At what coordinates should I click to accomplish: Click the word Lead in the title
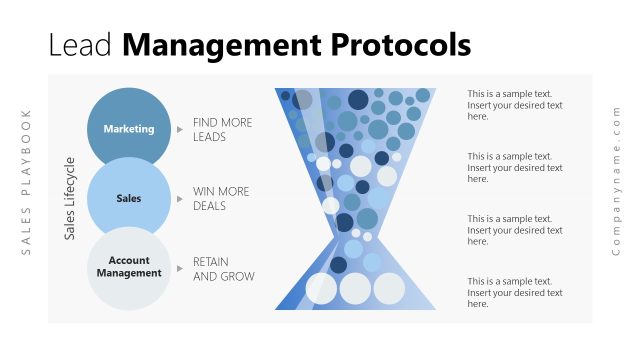82,45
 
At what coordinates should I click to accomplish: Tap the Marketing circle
128,128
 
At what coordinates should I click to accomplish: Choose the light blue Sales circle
128,198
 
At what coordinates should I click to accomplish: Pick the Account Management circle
128,267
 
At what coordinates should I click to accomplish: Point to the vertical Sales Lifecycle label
70,198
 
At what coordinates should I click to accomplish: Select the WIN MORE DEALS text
221,198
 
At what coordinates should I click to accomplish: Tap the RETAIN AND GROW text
223,269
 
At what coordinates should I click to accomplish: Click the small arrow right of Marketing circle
180,129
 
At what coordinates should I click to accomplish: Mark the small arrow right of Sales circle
180,198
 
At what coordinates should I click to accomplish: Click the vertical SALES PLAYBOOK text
27,181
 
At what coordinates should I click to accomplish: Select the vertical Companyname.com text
616,180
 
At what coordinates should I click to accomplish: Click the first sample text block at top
514,105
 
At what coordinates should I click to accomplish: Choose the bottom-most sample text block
514,292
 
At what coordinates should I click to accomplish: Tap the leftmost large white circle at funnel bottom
321,288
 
